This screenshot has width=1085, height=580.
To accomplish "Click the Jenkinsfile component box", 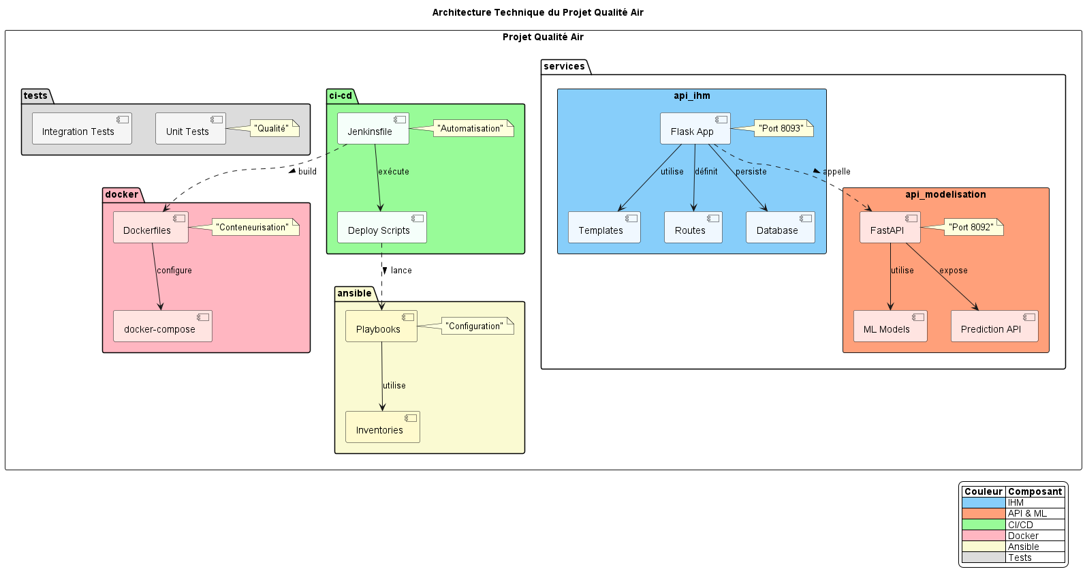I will pyautogui.click(x=373, y=129).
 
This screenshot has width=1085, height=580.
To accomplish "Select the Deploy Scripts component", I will pyautogui.click(x=381, y=228).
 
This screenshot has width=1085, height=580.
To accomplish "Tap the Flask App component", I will pyautogui.click(x=695, y=129).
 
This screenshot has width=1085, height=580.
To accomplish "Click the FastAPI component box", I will pyautogui.click(x=890, y=228).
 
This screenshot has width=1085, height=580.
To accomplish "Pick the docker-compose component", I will pyautogui.click(x=162, y=326).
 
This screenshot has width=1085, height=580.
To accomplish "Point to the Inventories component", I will pyautogui.click(x=382, y=427).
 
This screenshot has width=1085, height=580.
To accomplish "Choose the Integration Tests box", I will pyautogui.click(x=82, y=129).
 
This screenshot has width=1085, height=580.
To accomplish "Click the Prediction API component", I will pyautogui.click(x=994, y=326).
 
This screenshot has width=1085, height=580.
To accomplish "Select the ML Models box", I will pyautogui.click(x=890, y=326).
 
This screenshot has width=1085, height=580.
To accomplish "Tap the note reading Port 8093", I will pyautogui.click(x=783, y=128).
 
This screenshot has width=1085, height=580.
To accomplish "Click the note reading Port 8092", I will pyautogui.click(x=973, y=227).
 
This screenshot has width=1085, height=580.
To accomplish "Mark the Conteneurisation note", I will pyautogui.click(x=255, y=227).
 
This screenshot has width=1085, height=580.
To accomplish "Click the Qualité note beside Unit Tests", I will pyautogui.click(x=274, y=128).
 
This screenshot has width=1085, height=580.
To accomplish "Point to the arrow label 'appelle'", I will pyautogui.click(x=836, y=172).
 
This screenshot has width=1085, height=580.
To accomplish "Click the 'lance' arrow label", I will pyautogui.click(x=401, y=271).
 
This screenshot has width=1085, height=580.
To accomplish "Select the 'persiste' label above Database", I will pyautogui.click(x=751, y=172).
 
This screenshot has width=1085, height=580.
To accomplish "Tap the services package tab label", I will pyautogui.click(x=564, y=66).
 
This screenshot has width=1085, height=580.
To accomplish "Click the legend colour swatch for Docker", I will pyautogui.click(x=983, y=536).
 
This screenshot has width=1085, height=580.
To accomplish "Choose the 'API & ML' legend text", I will pyautogui.click(x=1027, y=513).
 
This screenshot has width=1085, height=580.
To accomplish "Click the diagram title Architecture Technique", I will pyautogui.click(x=537, y=12).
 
